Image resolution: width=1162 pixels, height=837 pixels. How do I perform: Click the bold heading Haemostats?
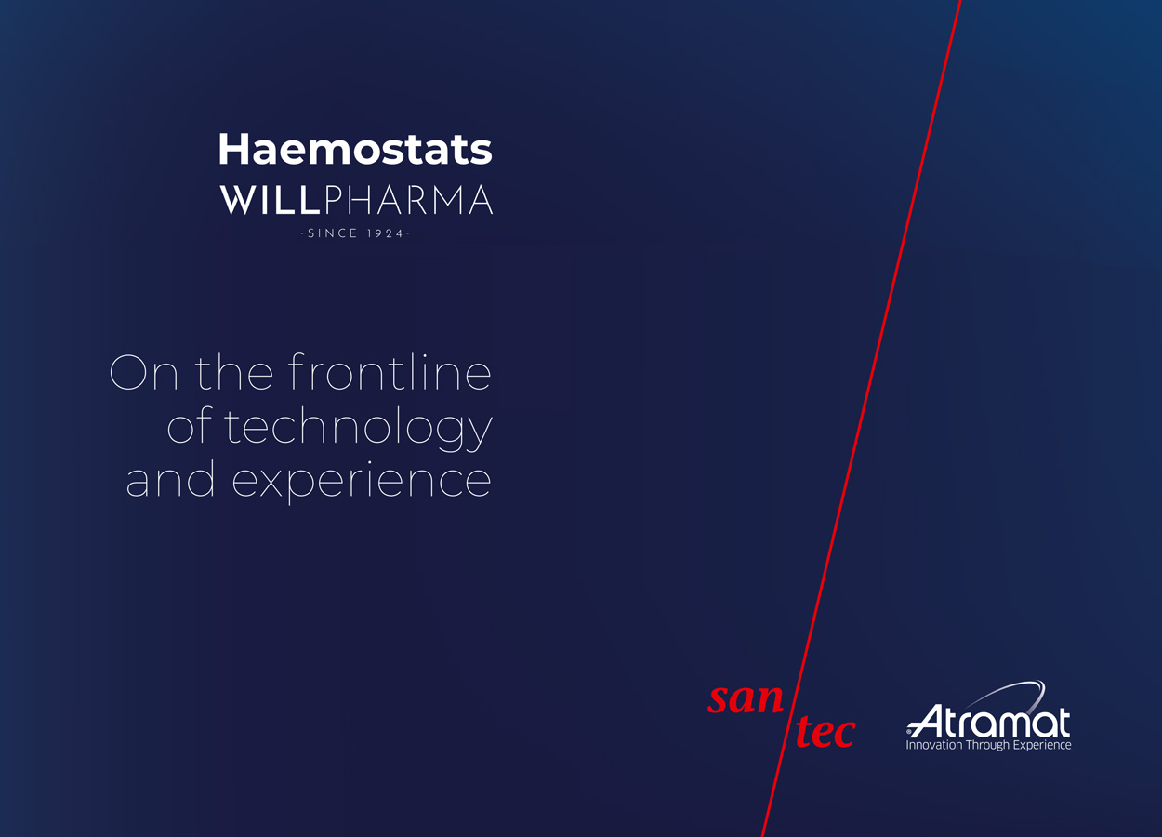click(355, 149)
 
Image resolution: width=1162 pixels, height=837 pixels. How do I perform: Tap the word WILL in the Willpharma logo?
click(270, 200)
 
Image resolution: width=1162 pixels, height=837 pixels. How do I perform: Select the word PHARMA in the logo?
click(408, 200)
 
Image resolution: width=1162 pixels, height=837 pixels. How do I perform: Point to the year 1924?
click(385, 233)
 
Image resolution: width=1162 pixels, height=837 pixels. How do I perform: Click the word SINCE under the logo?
click(333, 233)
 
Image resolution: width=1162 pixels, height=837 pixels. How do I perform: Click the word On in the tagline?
click(144, 372)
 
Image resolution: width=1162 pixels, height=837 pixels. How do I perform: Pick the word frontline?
click(390, 371)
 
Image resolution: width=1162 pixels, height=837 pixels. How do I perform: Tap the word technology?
click(358, 428)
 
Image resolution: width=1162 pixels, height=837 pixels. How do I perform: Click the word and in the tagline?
click(170, 478)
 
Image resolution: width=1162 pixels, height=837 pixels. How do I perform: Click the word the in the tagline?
click(234, 371)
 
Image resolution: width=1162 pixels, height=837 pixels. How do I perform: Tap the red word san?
click(746, 698)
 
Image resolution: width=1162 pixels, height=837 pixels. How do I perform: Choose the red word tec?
click(825, 732)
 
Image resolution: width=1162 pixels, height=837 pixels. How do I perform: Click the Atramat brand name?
click(988, 721)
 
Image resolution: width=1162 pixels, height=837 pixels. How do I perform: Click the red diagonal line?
click(861, 418)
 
